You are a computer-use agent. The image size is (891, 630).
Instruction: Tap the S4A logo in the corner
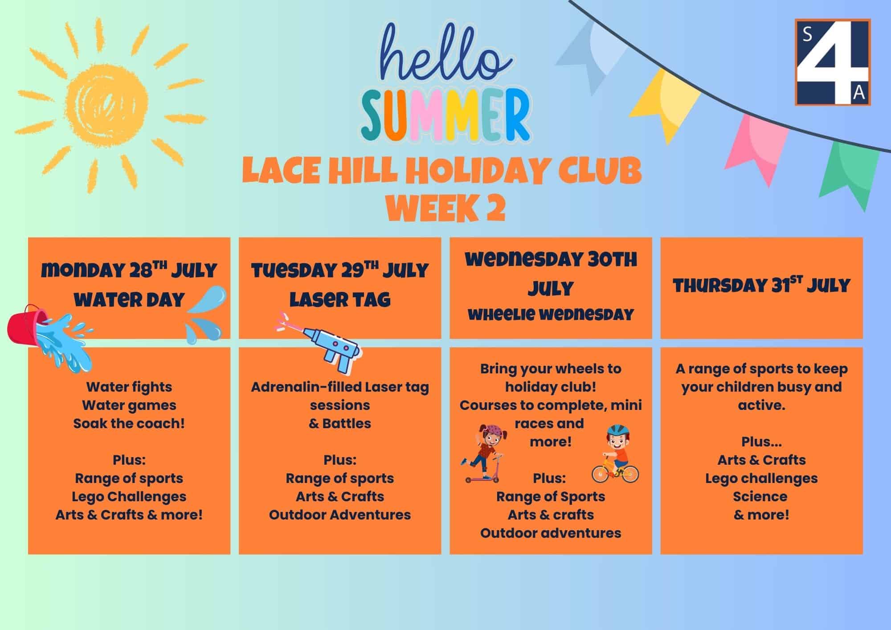833,62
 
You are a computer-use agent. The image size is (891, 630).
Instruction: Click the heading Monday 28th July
129,270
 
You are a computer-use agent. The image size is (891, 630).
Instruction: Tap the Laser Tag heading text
340,299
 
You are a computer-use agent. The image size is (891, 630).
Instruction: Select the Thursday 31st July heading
761,285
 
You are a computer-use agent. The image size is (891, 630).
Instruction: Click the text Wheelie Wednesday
551,315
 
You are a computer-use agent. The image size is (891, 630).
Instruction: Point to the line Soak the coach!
129,423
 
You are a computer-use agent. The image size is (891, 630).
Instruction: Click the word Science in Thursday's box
760,496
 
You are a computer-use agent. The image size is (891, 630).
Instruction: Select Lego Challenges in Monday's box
129,496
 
